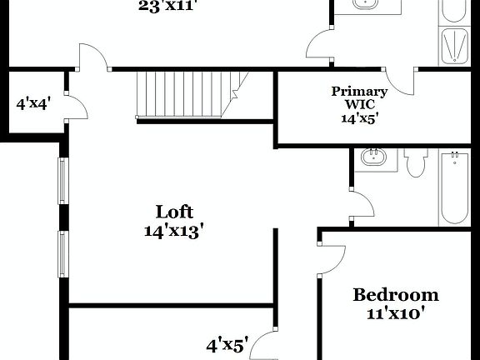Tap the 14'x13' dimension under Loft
point(174,231)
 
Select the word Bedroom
point(396,295)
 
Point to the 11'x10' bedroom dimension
point(396,314)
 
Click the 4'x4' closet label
point(34,105)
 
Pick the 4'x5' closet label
point(227,343)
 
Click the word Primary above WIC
point(359,92)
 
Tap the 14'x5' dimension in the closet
point(359,117)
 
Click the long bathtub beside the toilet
point(454,187)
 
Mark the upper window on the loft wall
point(62,179)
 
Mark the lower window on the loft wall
point(62,254)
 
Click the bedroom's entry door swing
point(331,258)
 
